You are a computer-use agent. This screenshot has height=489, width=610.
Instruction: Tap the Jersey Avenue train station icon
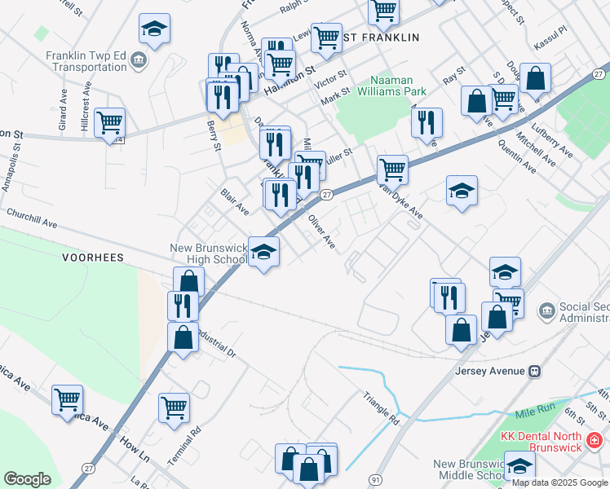(x=535, y=371)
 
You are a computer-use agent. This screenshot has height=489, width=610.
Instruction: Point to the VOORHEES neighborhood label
(x=93, y=258)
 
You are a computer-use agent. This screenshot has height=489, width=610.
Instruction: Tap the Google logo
(x=27, y=479)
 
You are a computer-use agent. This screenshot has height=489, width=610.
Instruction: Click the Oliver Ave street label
(x=321, y=231)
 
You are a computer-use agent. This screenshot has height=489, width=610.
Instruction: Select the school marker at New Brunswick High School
(x=263, y=253)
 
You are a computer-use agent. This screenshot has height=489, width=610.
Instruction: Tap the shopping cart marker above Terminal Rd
(x=174, y=407)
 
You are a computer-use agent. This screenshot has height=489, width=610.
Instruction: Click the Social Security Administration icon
(x=546, y=310)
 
